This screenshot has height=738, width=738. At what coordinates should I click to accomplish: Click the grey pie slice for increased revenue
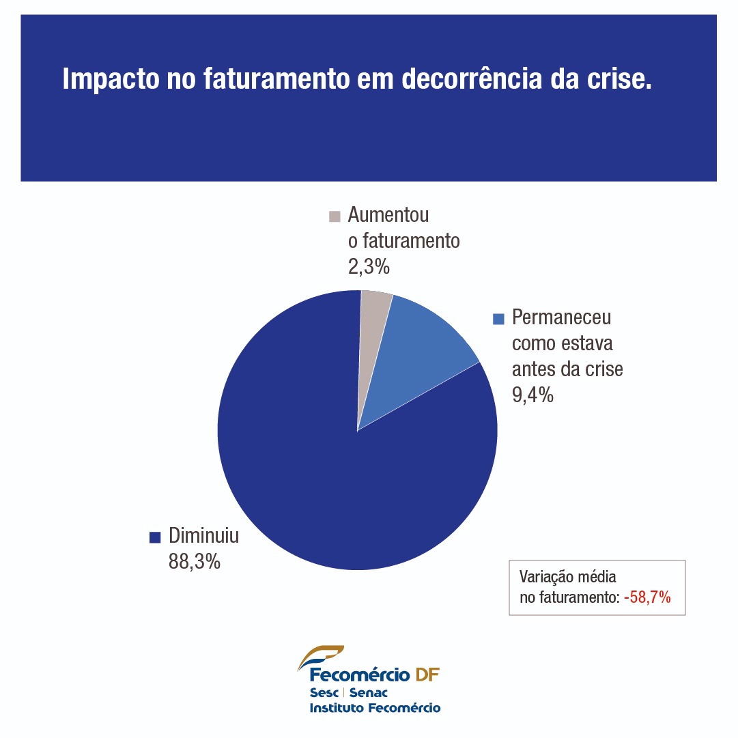click(x=374, y=321)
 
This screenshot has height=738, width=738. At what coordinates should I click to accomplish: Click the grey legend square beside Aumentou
click(x=335, y=216)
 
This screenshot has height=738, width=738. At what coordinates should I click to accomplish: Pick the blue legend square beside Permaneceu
click(x=498, y=319)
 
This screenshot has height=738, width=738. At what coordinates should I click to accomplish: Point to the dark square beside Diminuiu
click(x=154, y=537)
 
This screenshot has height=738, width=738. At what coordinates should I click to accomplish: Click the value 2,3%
click(x=368, y=267)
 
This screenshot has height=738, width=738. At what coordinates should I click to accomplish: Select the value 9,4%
click(x=533, y=395)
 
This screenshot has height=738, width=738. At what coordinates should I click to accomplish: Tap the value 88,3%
click(x=194, y=562)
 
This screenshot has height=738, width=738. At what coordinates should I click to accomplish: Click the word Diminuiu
click(x=203, y=536)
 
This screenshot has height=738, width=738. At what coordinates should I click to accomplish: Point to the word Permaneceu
click(x=561, y=317)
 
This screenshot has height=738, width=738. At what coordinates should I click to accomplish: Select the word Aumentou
click(x=388, y=215)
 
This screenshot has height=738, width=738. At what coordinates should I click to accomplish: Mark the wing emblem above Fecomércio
click(x=321, y=657)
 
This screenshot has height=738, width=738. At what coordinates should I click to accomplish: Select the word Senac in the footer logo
click(x=368, y=693)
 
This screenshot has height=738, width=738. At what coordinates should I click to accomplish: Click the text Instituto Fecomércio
click(x=375, y=708)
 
